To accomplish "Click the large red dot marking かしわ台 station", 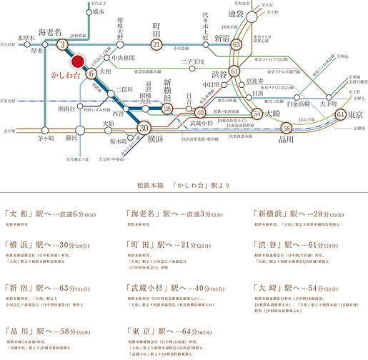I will click(79, 61).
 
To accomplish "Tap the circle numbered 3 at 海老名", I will click(63, 45).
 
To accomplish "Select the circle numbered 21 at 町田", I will click(157, 45).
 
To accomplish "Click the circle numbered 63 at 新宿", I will click(237, 45).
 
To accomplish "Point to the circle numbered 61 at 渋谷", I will click(234, 72).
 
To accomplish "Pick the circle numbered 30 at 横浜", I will click(144, 129).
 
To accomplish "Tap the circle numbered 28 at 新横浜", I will click(166, 108).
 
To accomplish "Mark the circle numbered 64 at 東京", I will click(341, 114).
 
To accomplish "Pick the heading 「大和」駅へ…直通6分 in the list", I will click(46, 213).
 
